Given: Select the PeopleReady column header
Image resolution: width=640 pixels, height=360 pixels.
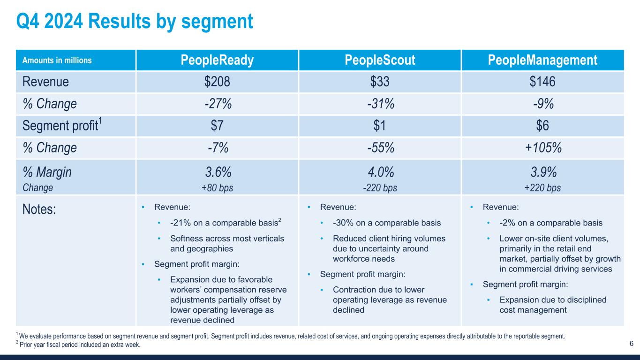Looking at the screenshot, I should pos(218,60).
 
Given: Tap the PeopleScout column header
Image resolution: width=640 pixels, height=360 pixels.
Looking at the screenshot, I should pos(380,60).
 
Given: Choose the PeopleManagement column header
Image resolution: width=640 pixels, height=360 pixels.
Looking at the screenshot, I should pos(542,60).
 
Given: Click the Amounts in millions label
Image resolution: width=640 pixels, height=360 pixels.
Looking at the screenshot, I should pos(57,60).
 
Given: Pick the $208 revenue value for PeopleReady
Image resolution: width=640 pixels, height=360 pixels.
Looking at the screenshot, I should pos(218,82).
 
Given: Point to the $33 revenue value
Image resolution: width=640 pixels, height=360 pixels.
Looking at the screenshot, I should pos(380,82).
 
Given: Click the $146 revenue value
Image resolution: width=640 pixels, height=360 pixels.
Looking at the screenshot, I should pos(542,82).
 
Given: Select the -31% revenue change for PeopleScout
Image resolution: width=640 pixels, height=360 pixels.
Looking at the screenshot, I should pos(380,104).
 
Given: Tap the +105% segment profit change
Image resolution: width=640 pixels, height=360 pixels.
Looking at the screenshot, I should pos(542,148).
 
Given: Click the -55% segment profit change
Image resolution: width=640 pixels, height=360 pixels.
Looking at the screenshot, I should pos(380,148).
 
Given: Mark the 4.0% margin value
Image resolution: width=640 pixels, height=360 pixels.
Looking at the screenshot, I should pos(380,172).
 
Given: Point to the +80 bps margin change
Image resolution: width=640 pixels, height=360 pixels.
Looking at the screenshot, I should pos(218,188).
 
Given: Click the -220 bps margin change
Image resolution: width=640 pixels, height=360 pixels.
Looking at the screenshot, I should pos(380,188).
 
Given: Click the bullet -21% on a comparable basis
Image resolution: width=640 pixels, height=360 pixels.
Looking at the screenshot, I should pos(226,223).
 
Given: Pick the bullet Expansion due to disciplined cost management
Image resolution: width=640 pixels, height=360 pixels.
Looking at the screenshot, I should pos(553,305).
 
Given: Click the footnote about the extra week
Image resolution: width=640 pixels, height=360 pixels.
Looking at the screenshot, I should pos(79,345).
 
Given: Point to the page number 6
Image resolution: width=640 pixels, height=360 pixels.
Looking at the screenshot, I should pos(631,344).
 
